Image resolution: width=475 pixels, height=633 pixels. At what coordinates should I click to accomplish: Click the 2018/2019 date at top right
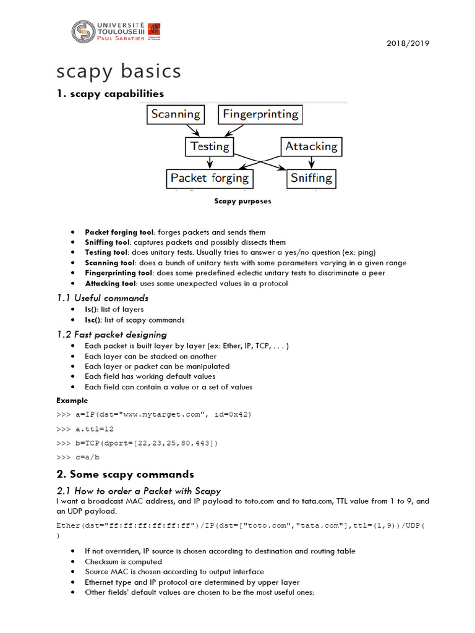pos(408,43)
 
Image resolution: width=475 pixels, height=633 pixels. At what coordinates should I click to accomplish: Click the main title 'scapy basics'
pos(119,71)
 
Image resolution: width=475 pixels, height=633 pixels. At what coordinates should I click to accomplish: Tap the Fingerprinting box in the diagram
pos(260,114)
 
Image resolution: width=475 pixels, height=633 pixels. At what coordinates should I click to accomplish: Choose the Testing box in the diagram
pos(210,147)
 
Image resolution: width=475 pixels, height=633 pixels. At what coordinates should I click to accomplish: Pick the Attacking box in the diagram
pos(311,147)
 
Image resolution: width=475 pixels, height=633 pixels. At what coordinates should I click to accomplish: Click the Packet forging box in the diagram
pos(209,179)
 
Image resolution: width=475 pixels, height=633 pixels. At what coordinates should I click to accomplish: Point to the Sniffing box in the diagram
pos(311,179)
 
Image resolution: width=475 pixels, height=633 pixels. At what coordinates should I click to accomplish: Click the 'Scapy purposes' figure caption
pos(242,201)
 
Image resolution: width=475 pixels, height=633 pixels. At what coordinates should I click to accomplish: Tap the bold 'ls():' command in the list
pos(93,309)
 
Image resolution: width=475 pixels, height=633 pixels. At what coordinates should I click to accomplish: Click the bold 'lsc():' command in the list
pos(94,320)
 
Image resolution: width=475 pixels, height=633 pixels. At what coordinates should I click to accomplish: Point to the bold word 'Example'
pos(72,401)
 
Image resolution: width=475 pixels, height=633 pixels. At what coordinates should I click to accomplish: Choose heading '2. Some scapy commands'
pos(125,475)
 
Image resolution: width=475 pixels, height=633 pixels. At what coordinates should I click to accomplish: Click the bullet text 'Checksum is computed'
pos(123,562)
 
